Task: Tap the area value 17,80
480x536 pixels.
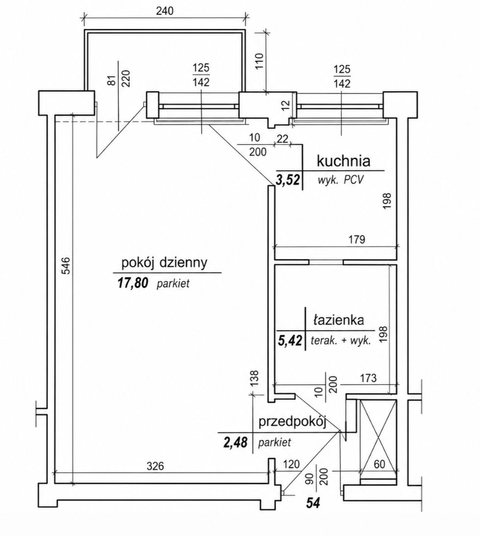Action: click(x=132, y=283)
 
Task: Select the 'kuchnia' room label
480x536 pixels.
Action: click(x=343, y=161)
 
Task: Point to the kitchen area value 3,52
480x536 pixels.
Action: click(x=288, y=180)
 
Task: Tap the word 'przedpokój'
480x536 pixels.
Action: click(x=292, y=422)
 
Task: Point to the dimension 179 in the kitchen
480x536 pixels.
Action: click(x=357, y=240)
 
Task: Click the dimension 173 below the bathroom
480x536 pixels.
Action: click(x=368, y=378)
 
